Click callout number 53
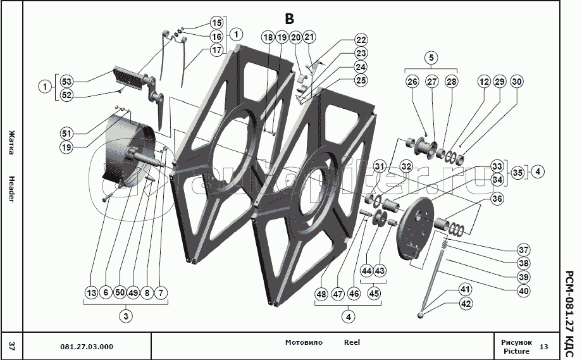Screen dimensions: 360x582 point(66,81)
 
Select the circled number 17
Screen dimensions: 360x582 point(217,50)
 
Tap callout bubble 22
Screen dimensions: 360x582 point(361,39)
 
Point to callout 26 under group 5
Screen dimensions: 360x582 point(412,82)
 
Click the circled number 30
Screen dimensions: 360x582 point(517,82)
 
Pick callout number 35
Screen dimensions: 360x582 point(517,171)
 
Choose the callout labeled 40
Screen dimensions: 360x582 point(523,291)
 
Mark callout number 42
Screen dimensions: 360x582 point(466,304)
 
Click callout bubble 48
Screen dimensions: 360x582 point(322,294)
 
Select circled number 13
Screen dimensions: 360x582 point(92,292)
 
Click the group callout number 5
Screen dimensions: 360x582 point(432,58)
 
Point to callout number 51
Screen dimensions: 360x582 point(66,133)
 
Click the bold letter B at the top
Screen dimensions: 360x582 point(289,19)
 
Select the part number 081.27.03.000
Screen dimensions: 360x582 point(87,347)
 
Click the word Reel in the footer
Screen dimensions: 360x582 point(352,342)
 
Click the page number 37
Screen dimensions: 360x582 point(11,345)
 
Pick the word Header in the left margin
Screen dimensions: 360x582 point(11,188)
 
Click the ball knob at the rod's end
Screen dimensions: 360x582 point(421,314)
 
